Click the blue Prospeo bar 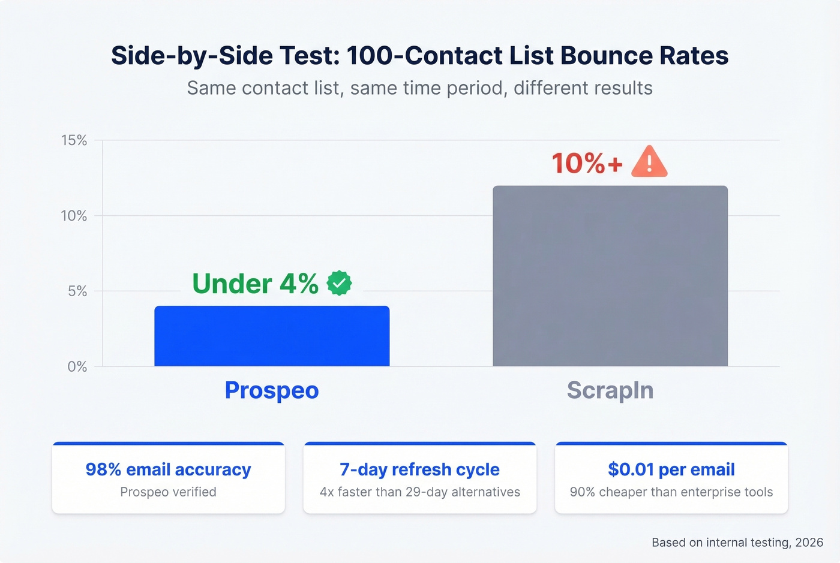(272, 336)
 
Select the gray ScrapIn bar (610, 276)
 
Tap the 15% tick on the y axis (74, 140)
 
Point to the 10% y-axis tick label (74, 216)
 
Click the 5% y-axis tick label (77, 291)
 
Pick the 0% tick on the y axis (77, 367)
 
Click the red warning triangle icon (649, 162)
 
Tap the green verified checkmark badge (340, 283)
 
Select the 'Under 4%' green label (255, 284)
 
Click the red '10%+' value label (587, 163)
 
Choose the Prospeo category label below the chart (272, 390)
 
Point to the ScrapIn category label (610, 390)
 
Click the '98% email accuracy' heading (168, 469)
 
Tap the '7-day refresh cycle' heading (419, 469)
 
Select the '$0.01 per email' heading (671, 469)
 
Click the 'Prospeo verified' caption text (168, 492)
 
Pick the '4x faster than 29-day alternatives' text (419, 492)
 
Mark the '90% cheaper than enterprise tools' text (671, 492)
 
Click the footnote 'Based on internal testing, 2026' (737, 543)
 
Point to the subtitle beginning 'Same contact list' (419, 88)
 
